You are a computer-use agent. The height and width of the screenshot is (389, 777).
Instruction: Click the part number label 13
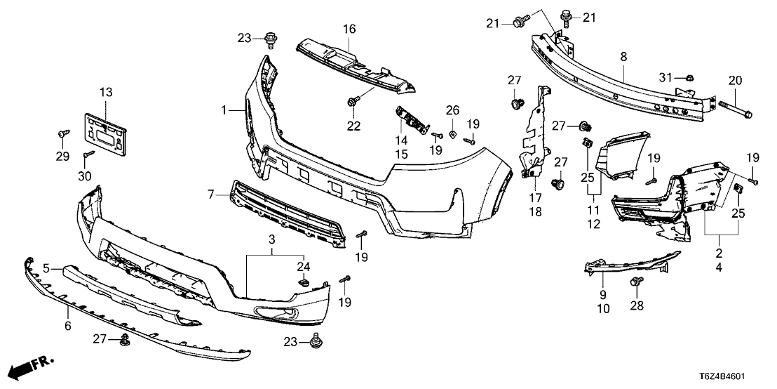pos(105,93)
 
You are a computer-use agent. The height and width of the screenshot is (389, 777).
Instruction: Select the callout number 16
pos(349,29)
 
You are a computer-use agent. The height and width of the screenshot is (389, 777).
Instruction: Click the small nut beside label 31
pos(688,77)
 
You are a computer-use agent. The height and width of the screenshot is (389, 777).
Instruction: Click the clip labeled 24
pos(304,282)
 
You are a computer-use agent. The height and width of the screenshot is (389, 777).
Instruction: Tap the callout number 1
pos(224,110)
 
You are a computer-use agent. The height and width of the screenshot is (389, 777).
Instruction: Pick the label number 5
pos(47,268)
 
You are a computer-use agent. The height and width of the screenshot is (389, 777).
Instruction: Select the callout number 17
pos(538,199)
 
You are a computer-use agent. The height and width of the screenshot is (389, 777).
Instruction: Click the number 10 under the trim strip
pos(604,308)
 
